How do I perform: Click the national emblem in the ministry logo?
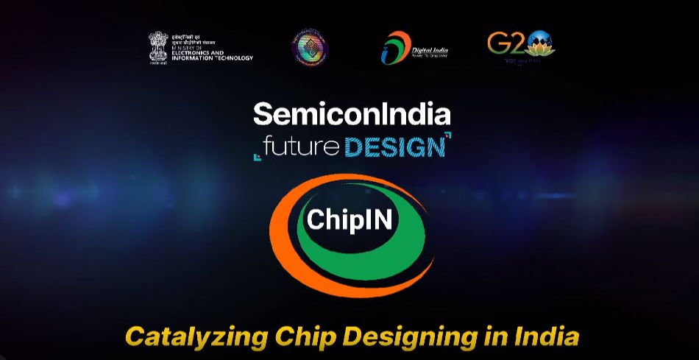click(158, 46)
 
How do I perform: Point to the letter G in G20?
click(497, 44)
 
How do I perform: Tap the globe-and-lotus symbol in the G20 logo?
click(540, 44)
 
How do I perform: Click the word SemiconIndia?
click(352, 114)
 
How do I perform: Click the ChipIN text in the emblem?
click(349, 220)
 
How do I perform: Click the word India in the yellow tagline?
click(544, 336)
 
